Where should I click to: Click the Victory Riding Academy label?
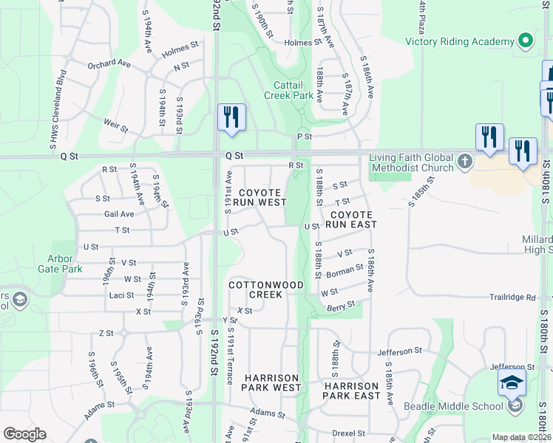[459, 41]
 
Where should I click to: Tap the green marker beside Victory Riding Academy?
[526, 40]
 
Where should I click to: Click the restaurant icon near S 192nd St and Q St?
[231, 118]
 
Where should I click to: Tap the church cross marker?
[464, 161]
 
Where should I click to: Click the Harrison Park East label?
[351, 391]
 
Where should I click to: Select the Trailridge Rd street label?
[511, 298]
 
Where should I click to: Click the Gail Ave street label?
[120, 214]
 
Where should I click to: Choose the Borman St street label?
[345, 270]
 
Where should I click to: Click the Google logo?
[24, 434]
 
